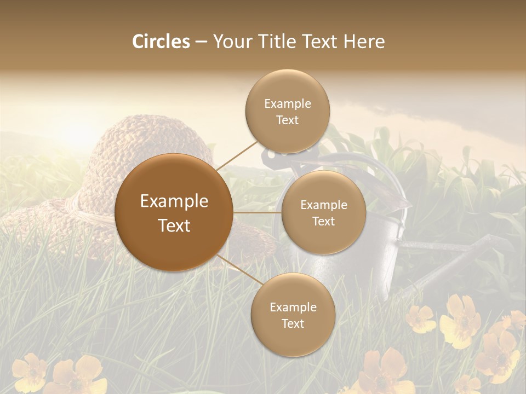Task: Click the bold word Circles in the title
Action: point(161,42)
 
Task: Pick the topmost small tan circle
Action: point(287,112)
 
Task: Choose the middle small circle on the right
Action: point(323,212)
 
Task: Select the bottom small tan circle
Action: point(293,315)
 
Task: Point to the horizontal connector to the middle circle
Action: point(258,212)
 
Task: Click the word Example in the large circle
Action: point(174,201)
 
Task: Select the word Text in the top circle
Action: point(287,120)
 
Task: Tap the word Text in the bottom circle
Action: point(293,324)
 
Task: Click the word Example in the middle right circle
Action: point(323,205)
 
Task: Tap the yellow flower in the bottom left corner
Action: point(30,372)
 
